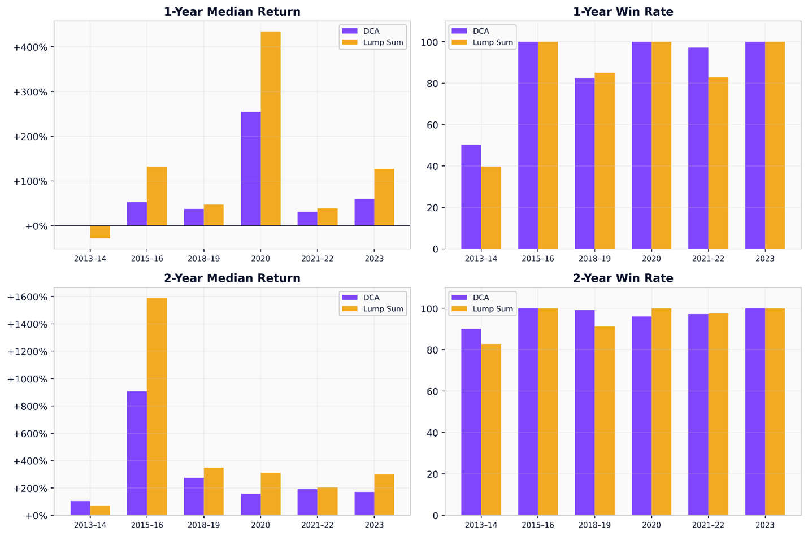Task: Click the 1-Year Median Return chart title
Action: click(232, 11)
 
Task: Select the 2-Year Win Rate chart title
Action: click(623, 278)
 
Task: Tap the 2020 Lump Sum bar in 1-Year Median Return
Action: click(270, 129)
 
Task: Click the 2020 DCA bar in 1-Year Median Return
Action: click(250, 169)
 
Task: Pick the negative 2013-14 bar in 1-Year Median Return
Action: click(100, 232)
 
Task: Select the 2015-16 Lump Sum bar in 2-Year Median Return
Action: click(157, 407)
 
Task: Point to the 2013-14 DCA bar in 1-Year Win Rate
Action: click(471, 197)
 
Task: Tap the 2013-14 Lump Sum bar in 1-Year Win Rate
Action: click(490, 208)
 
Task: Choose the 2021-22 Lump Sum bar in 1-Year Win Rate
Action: click(718, 163)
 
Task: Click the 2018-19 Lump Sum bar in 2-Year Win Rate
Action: click(605, 421)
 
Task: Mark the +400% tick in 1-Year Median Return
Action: click(30, 47)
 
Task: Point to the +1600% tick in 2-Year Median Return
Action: click(27, 297)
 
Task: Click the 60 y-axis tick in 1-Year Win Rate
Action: click(432, 125)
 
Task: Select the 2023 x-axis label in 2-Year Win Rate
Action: click(764, 525)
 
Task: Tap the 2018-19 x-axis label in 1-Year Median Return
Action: click(203, 259)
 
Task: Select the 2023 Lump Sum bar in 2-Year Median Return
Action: click(384, 495)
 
